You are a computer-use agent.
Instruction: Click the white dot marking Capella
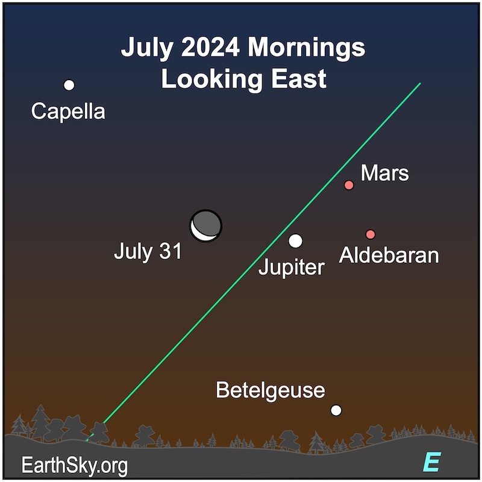(x=69, y=85)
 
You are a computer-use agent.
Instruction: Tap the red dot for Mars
(x=349, y=185)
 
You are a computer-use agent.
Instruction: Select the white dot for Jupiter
(x=295, y=240)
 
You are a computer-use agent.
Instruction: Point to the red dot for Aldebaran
(x=371, y=234)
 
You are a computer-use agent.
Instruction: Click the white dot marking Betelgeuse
(x=336, y=410)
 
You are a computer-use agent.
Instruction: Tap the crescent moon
(x=205, y=226)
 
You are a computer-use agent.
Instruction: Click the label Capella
(x=68, y=111)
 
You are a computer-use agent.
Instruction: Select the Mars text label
(x=384, y=173)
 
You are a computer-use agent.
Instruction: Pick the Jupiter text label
(x=292, y=268)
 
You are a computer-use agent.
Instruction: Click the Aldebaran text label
(x=389, y=255)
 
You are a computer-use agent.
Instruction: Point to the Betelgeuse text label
(x=271, y=390)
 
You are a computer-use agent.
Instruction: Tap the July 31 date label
(x=148, y=252)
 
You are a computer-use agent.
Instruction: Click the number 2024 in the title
(x=210, y=48)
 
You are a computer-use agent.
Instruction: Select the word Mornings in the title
(x=307, y=49)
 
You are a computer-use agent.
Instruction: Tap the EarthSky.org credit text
(x=74, y=466)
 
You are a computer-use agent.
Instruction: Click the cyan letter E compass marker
(x=432, y=462)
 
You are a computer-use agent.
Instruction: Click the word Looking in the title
(x=212, y=80)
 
